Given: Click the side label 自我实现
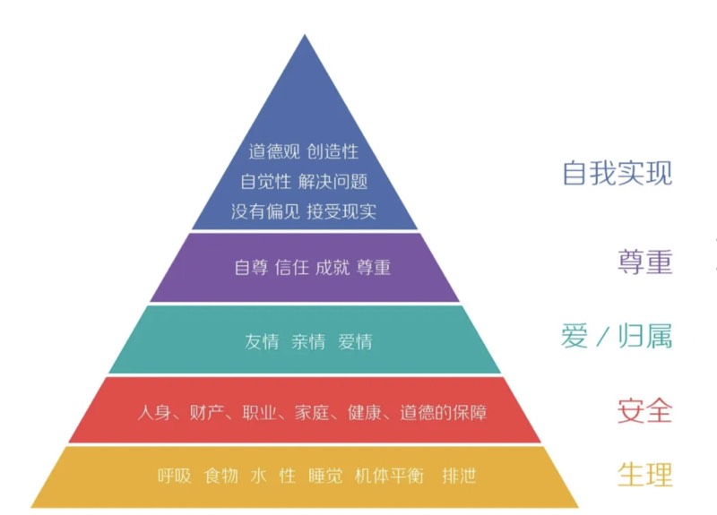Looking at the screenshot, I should pos(617,172).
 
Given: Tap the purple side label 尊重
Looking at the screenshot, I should pos(644,262).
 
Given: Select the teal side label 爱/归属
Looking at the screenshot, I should pos(617,337).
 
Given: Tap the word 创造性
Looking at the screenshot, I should pos(333,151).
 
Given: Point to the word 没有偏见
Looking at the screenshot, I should pos(264,211).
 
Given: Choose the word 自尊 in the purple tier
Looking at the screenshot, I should pos(251,268).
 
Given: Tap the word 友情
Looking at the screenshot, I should pos(262,341).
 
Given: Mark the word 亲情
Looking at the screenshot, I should pos(308,341).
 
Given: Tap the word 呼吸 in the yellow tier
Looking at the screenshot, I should pos(175,475).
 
